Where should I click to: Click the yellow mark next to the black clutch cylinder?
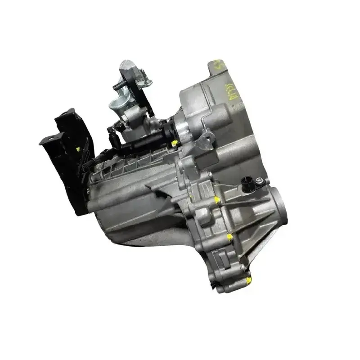click(174, 144)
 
